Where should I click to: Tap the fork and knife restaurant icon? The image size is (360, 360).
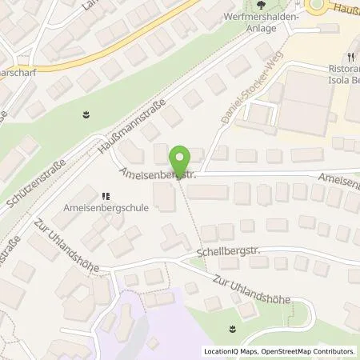350,57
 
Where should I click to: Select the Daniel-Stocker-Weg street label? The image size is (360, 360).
243,106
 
